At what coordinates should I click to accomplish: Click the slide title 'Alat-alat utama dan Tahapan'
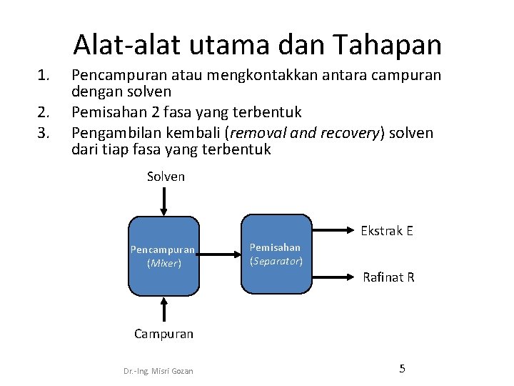[x=257, y=44]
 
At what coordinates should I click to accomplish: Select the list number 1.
[x=46, y=74]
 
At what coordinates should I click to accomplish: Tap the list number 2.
[x=46, y=112]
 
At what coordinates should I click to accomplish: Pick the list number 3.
[x=46, y=132]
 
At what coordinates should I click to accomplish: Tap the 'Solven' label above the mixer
[x=166, y=177]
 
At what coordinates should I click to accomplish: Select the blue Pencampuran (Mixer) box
[x=164, y=256]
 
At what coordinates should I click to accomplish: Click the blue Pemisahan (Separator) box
[x=276, y=254]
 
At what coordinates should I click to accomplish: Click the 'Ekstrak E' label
[x=387, y=231]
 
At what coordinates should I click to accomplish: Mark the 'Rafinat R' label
[x=388, y=277]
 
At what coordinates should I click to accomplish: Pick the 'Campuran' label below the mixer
[x=164, y=334]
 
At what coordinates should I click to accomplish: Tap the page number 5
[x=402, y=369]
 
